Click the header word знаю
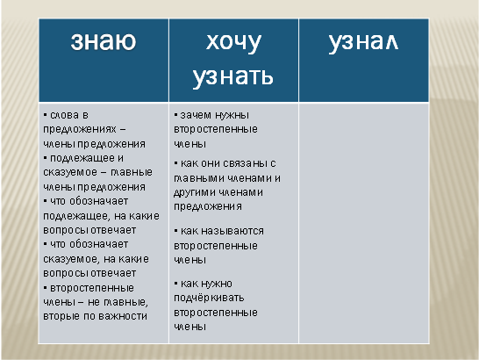(104, 40)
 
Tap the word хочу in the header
(233, 43)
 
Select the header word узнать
(233, 76)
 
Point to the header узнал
(363, 43)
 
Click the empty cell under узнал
(364, 223)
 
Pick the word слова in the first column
(64, 115)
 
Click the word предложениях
(80, 130)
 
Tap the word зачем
(196, 115)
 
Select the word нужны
(232, 116)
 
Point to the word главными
(199, 178)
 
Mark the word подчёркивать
(209, 298)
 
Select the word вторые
(61, 316)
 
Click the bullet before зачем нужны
(176, 115)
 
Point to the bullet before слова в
(46, 115)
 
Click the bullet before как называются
(176, 230)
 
